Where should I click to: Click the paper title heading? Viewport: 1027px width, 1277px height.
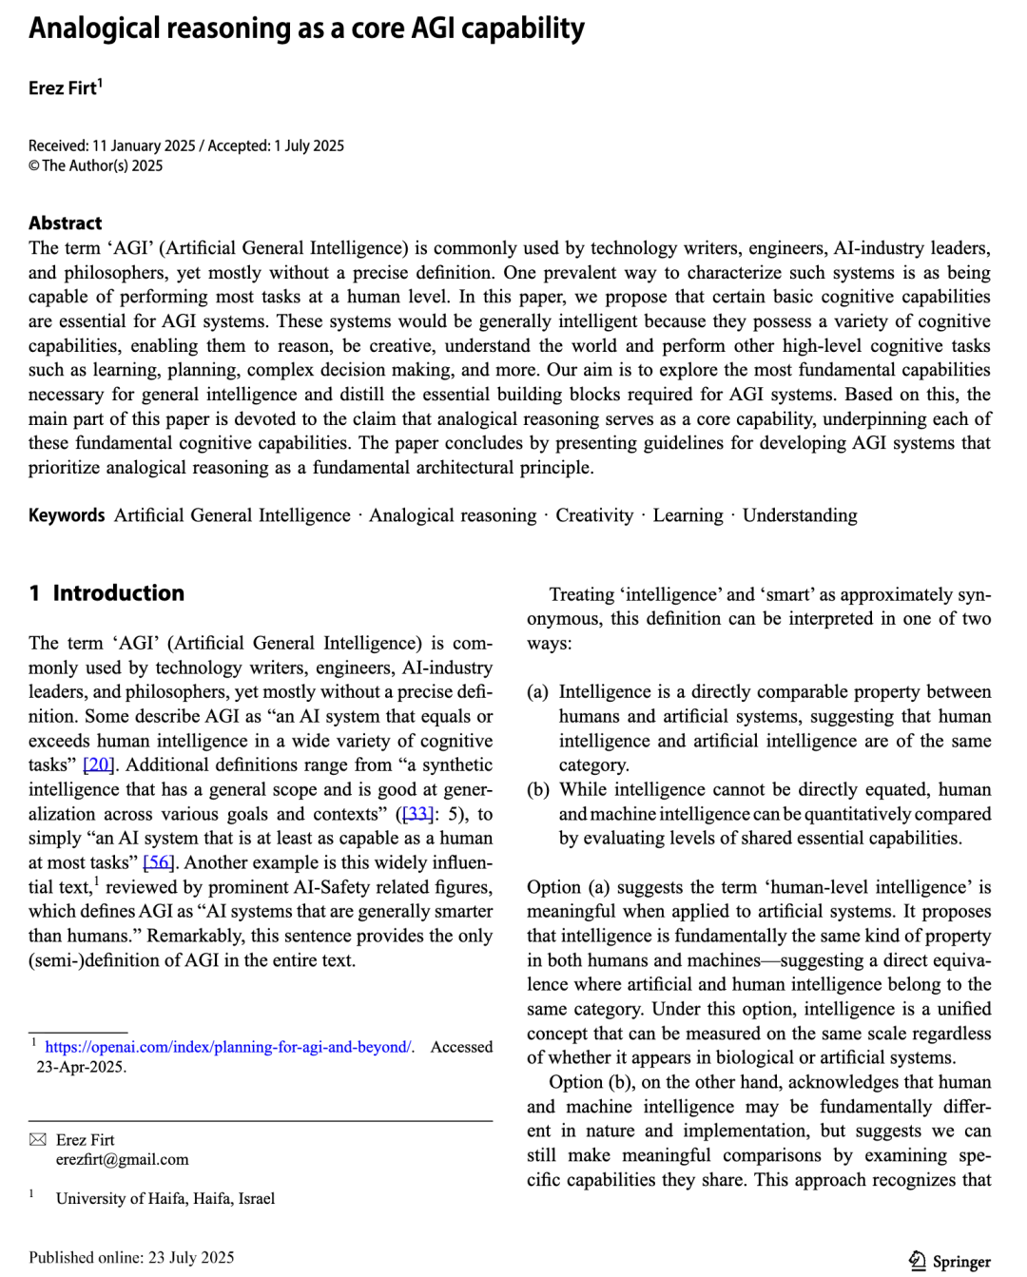point(306,29)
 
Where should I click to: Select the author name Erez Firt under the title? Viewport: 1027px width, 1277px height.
point(63,88)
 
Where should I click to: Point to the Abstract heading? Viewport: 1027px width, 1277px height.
point(65,223)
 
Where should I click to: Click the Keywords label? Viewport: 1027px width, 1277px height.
point(67,515)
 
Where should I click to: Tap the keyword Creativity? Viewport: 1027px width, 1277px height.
point(594,515)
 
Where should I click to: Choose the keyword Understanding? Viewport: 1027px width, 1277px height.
point(800,515)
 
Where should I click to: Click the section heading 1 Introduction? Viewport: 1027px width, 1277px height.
point(107,593)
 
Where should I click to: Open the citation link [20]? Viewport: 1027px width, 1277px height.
point(99,765)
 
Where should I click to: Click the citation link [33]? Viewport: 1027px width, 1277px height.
point(417,814)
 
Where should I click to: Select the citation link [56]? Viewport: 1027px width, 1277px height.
point(159,862)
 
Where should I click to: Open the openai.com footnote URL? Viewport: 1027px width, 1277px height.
point(228,1047)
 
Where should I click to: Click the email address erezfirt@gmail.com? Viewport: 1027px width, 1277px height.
point(122,1160)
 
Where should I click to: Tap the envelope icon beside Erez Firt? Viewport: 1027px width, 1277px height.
point(38,1139)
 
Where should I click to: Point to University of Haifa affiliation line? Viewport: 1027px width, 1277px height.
point(165,1199)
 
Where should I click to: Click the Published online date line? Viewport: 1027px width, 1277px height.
point(131,1258)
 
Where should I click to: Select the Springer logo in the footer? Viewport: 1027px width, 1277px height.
point(950,1262)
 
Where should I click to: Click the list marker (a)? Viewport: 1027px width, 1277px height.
point(538,692)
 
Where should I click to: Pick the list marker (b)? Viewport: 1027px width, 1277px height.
point(538,790)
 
